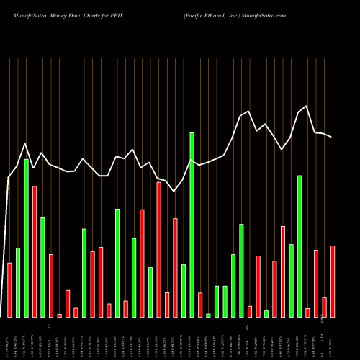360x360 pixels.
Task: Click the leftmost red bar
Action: tap(9, 290)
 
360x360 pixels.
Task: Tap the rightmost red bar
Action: tap(333, 282)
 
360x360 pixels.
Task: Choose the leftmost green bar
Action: tap(18, 282)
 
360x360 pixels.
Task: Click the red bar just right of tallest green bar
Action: tap(200, 305)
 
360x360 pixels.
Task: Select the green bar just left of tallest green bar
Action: tap(184, 291)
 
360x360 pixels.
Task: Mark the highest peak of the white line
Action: tap(307, 107)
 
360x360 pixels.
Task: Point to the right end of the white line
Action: tap(331, 137)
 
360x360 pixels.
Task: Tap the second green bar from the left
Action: tap(27, 238)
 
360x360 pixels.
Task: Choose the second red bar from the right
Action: tap(324, 307)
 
